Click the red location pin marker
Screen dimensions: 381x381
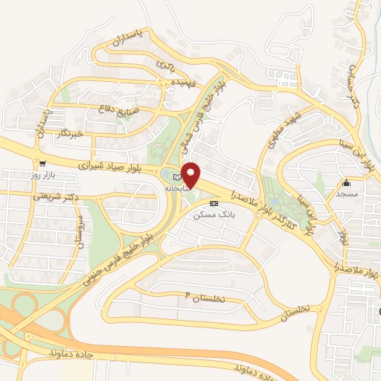[x=191, y=174]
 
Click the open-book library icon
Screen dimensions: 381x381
[x=176, y=177]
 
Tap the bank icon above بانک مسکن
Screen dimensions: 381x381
[x=214, y=202]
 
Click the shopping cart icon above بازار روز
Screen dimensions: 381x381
[x=42, y=164]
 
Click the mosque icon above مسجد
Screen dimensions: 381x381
[x=345, y=182]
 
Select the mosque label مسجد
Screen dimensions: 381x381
[x=346, y=194]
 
